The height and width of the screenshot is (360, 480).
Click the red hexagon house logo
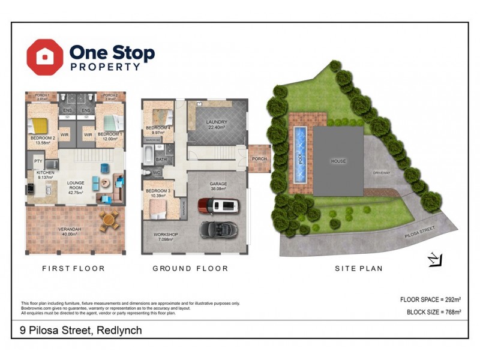click(45, 57)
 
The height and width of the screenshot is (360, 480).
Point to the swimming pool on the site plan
click(299, 155)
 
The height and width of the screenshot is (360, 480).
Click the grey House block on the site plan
click(339, 161)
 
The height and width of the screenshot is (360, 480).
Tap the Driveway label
click(382, 173)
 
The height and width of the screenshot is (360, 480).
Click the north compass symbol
click(435, 259)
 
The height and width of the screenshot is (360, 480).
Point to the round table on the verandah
click(108, 219)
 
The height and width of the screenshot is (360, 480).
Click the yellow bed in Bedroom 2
click(40, 126)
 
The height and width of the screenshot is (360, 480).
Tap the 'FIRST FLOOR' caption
click(74, 269)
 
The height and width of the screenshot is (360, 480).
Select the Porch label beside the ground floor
click(259, 159)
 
